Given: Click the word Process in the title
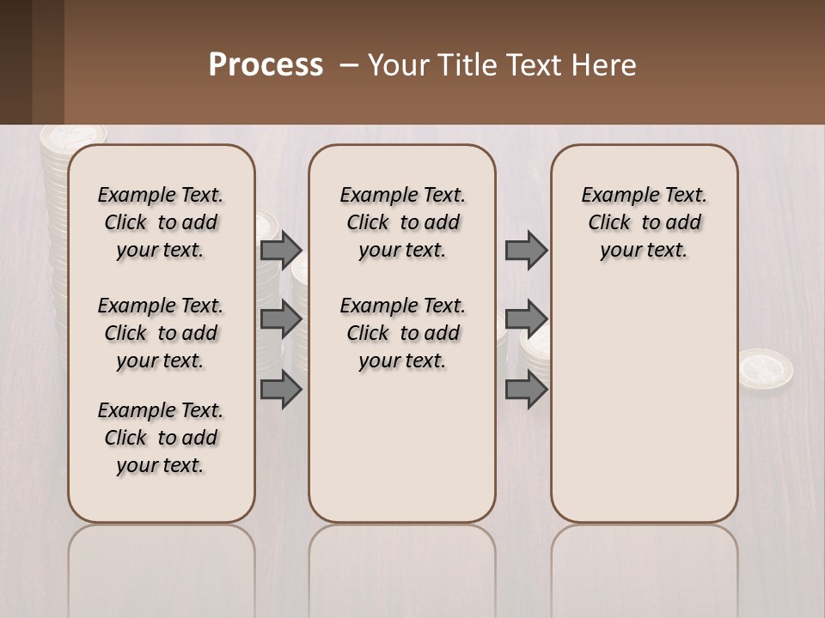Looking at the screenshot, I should point(266,64).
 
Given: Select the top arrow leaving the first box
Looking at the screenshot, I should point(280,251).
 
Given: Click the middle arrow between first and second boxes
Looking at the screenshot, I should point(280,320).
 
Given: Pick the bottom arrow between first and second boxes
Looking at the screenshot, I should point(280,390).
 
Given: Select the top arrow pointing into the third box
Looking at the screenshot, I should point(526,251).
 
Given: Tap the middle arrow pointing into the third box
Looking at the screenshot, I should point(526,320).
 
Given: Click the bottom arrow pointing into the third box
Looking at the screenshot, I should point(526,390).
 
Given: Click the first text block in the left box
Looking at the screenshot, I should point(161,222).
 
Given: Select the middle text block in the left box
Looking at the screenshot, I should point(161,333).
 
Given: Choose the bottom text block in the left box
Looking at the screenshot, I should point(161,438).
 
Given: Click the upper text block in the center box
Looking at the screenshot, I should point(402,222).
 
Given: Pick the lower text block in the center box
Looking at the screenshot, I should point(402,333).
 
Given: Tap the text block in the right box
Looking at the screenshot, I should point(644,222).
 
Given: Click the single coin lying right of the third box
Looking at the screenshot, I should point(765,367).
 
